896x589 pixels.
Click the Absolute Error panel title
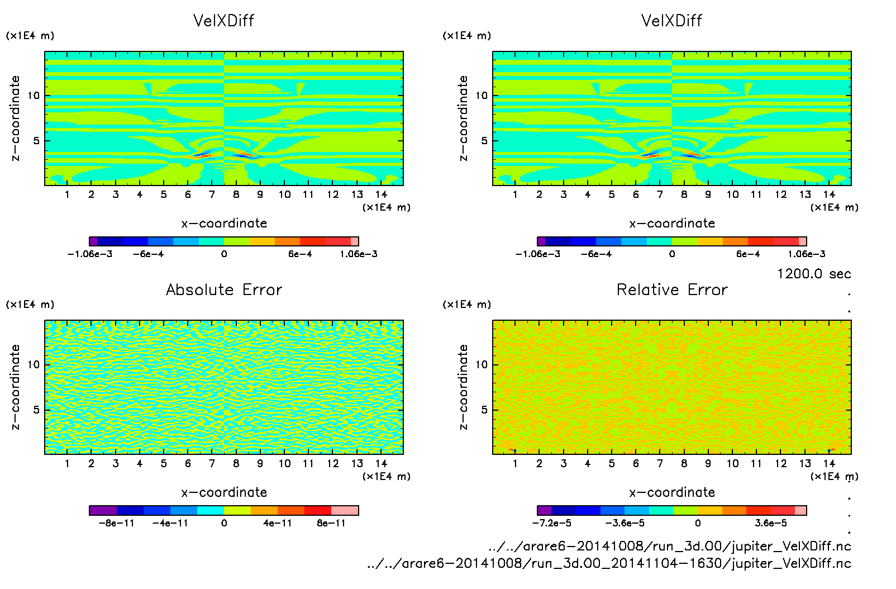224,289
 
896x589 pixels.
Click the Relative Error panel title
672,289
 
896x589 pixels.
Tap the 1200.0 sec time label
814,274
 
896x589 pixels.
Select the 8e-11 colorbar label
331,523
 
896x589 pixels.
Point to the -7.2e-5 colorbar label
551,523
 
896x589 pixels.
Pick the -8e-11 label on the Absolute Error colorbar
117,523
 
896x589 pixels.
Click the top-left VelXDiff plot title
223,21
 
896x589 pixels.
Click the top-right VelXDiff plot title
671,21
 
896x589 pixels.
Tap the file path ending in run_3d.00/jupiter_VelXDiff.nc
669,546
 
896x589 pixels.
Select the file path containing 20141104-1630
609,563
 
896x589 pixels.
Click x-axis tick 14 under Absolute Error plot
382,463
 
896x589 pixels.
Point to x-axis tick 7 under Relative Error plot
660,463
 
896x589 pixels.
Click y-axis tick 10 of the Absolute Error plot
34,364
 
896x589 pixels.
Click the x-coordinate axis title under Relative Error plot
672,492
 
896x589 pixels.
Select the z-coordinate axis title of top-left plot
15,118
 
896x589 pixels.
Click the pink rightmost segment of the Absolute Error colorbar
345,510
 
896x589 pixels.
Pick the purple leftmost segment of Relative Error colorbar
544,510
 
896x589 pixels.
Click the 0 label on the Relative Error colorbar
698,523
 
